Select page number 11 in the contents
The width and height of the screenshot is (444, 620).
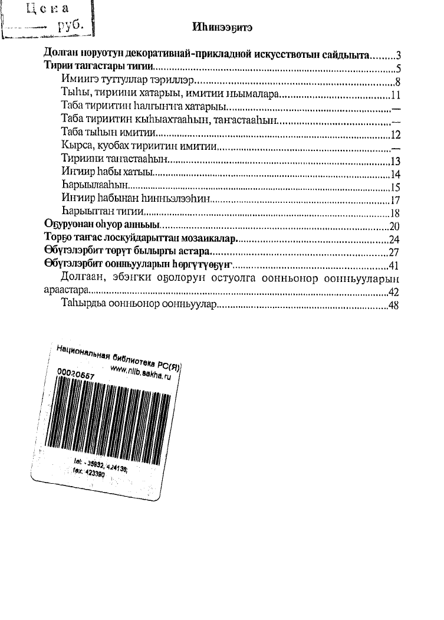pos(396,94)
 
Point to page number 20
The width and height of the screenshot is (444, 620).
pos(394,226)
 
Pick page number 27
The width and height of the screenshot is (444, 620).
pos(394,252)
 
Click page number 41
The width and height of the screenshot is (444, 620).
pos(394,265)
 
